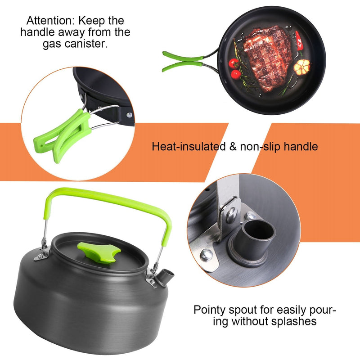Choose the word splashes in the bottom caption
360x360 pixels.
[296, 321]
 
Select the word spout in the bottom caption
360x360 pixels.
[242, 310]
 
